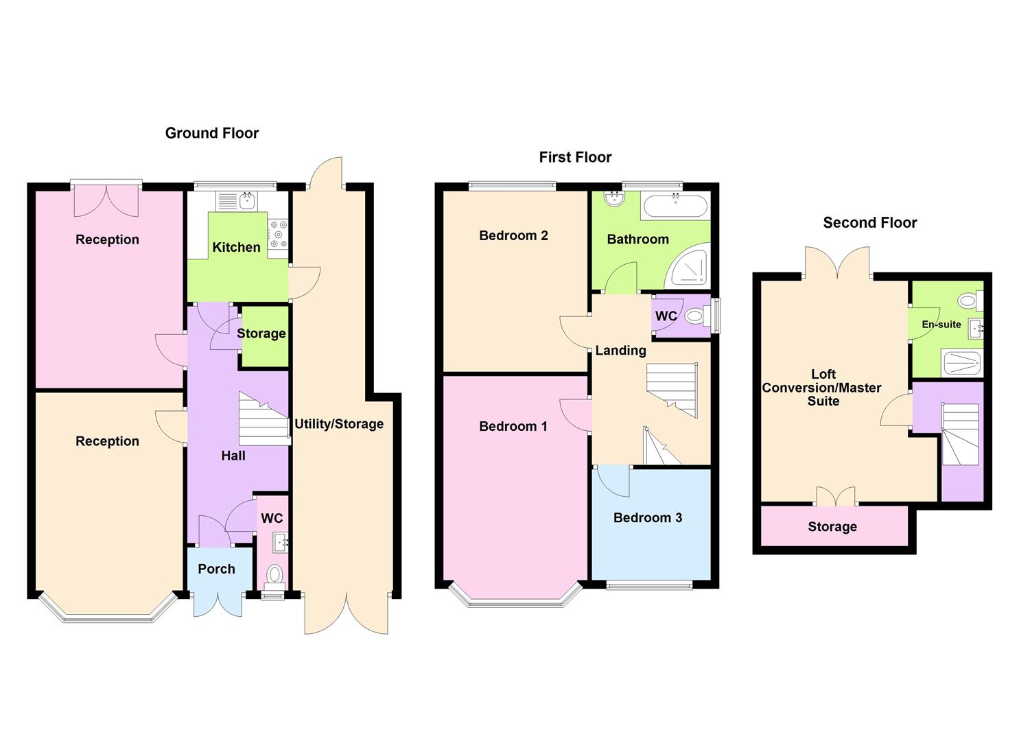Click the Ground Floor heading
click(x=211, y=133)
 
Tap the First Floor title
click(x=575, y=157)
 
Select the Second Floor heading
click(x=869, y=222)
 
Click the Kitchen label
click(x=236, y=247)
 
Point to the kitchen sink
click(x=246, y=201)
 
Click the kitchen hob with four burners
click(x=278, y=234)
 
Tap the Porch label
click(x=216, y=569)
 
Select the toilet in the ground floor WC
click(x=274, y=574)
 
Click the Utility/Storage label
click(x=339, y=423)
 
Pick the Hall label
click(x=233, y=456)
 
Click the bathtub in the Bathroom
click(x=675, y=206)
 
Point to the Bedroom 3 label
click(x=647, y=517)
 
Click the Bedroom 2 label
click(x=513, y=235)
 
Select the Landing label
click(x=620, y=351)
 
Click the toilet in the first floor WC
click(x=695, y=317)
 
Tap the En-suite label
click(x=941, y=325)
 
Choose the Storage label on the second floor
click(x=832, y=527)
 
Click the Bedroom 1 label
click(x=513, y=426)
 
